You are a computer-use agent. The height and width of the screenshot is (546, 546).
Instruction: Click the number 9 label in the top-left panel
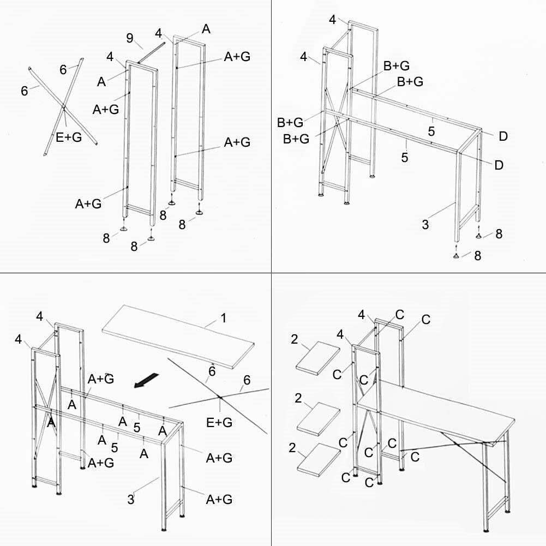coord(130,38)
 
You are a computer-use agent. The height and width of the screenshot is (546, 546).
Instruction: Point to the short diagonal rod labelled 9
coord(151,54)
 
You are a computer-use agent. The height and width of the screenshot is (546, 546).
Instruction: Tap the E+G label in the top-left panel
coord(69,137)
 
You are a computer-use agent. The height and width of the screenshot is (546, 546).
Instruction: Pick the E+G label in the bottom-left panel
coord(219,422)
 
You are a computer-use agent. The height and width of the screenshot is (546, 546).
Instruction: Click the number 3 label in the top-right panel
coord(425,224)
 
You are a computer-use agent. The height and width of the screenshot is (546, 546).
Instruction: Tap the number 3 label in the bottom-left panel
coord(131,499)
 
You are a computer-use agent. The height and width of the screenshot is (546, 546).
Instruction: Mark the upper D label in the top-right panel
coord(503,136)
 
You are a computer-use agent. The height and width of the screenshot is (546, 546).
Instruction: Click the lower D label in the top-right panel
coord(499,165)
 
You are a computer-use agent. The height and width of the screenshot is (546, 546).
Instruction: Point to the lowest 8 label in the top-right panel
coord(477,255)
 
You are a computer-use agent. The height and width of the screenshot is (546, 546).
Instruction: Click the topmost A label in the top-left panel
coord(206,29)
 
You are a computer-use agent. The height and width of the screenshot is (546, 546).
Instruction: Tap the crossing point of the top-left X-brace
coord(64,105)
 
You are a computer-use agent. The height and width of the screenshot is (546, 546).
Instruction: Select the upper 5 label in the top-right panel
coord(431,131)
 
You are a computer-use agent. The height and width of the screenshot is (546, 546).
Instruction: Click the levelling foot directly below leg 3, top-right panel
coord(456,255)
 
